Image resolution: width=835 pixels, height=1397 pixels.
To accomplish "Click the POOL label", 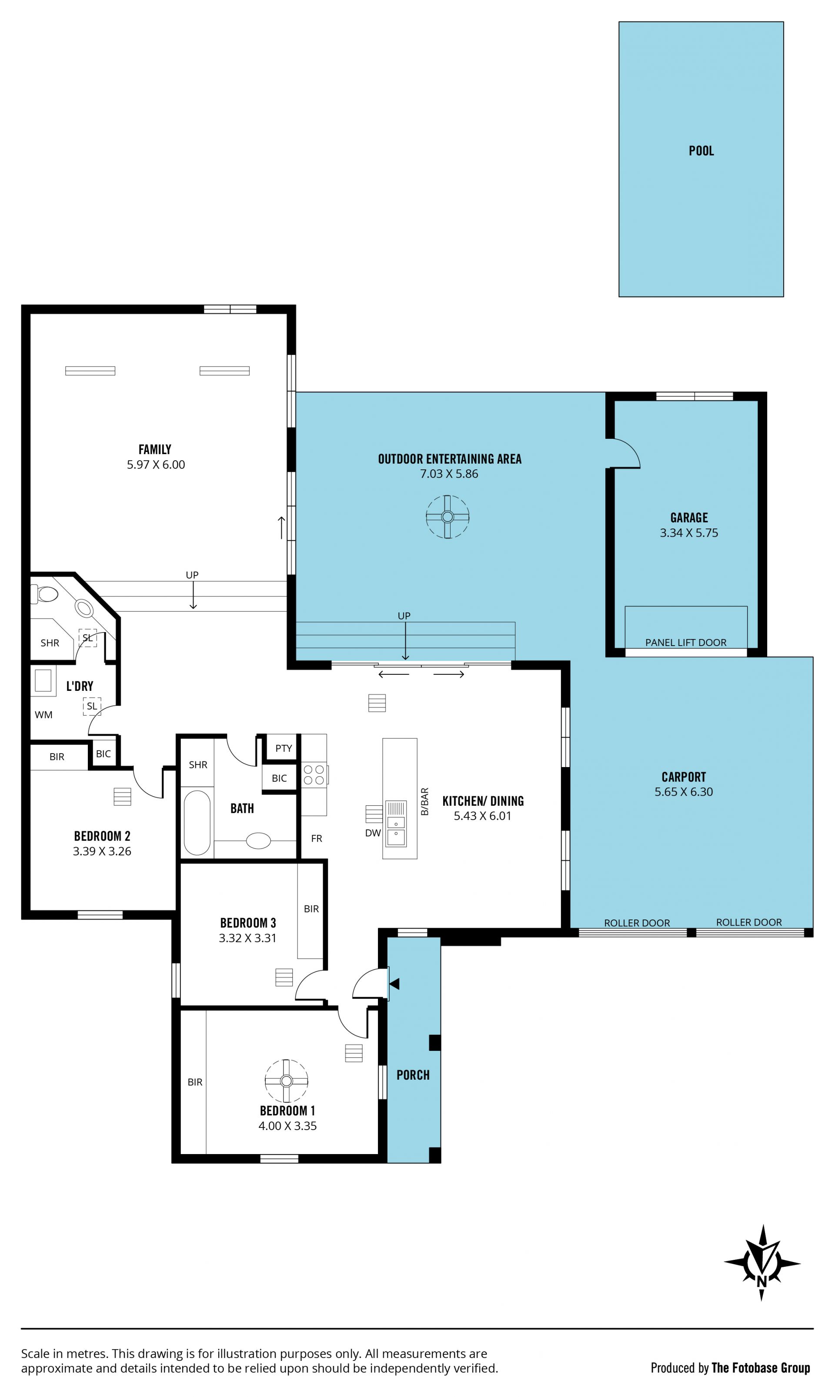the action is click(701, 151).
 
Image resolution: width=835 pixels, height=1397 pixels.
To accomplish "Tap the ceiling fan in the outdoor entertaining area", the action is click(448, 517).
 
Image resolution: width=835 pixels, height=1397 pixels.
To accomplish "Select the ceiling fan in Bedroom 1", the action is click(287, 1081).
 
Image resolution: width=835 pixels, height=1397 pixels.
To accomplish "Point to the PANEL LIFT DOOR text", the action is click(685, 643).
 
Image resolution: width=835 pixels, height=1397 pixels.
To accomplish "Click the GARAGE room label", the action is click(689, 518).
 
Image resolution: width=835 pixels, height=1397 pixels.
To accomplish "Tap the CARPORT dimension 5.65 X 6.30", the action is click(684, 792).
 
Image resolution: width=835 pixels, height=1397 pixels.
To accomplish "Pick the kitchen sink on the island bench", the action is click(396, 823).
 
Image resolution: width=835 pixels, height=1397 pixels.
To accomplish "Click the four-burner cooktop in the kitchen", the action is click(314, 774).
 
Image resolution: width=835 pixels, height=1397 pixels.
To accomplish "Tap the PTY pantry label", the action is click(284, 748).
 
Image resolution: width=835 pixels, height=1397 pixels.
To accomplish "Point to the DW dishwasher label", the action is click(373, 833).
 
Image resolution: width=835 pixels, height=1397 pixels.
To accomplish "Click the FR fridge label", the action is click(317, 838).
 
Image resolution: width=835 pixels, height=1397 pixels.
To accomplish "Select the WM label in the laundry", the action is click(43, 714).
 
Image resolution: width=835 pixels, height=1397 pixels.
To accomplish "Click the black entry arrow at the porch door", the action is click(394, 984).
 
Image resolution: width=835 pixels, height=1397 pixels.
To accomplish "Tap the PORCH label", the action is click(413, 1075).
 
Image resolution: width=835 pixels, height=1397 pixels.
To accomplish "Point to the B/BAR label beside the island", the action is click(425, 801).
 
